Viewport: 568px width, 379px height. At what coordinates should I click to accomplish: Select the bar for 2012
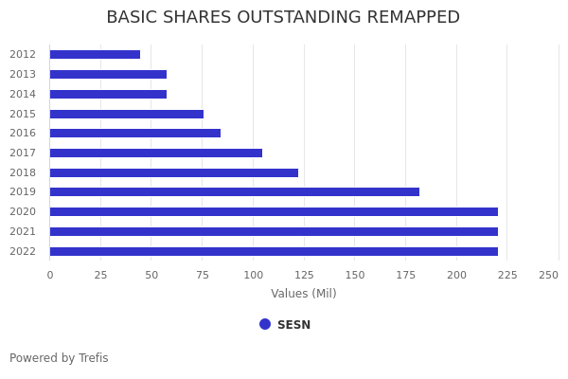pyautogui.click(x=95, y=55)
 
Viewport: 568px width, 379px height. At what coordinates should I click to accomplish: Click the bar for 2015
pyautogui.click(x=126, y=114)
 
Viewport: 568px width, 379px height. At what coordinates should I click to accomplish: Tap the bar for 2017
pyautogui.click(x=155, y=153)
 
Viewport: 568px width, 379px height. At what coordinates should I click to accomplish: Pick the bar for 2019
pyautogui.click(x=234, y=192)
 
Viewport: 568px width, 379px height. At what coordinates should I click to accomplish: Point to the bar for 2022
pyautogui.click(x=274, y=251)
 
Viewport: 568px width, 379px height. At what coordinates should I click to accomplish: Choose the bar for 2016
pyautogui.click(x=134, y=134)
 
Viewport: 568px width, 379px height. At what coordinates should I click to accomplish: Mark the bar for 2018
pyautogui.click(x=173, y=172)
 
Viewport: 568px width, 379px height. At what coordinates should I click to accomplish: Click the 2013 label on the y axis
pyautogui.click(x=23, y=74)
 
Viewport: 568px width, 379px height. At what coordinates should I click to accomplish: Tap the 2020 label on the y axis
pyautogui.click(x=23, y=211)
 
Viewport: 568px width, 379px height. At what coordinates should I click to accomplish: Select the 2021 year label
pyautogui.click(x=23, y=231)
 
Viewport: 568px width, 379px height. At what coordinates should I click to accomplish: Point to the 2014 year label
pyautogui.click(x=23, y=94)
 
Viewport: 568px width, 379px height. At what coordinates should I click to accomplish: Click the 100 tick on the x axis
pyautogui.click(x=253, y=275)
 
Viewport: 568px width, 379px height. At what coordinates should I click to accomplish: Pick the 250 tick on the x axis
pyautogui.click(x=548, y=275)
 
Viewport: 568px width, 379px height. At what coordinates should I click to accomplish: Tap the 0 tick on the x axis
pyautogui.click(x=50, y=275)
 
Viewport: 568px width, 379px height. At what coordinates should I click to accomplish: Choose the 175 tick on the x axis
pyautogui.click(x=405, y=275)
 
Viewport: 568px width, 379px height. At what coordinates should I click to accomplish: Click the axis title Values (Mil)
pyautogui.click(x=304, y=294)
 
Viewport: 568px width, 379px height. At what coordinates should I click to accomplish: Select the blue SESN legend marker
pyautogui.click(x=265, y=324)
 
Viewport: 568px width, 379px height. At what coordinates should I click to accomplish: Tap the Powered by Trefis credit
pyautogui.click(x=59, y=358)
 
